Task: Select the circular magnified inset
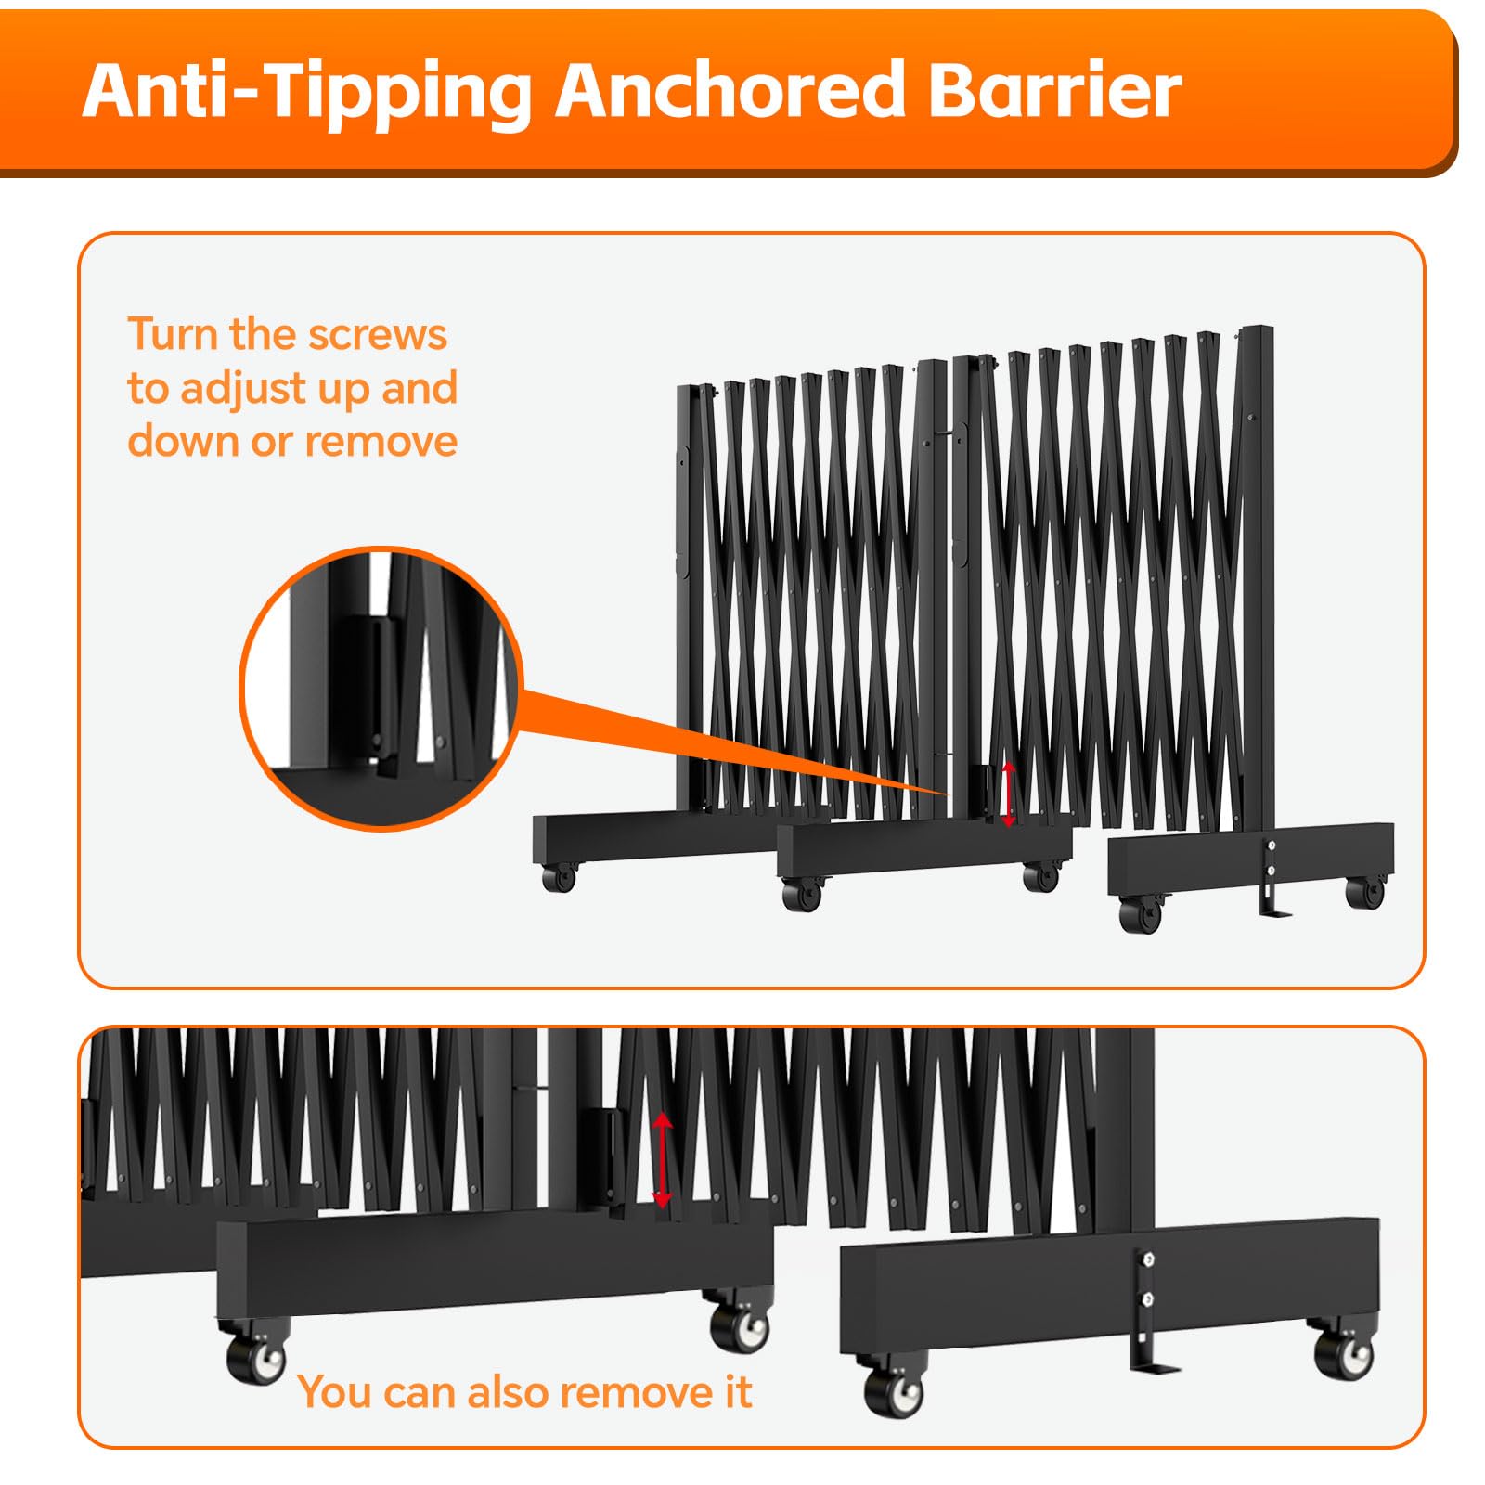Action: (x=381, y=688)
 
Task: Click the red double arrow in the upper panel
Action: (x=1009, y=795)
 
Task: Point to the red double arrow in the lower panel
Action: (x=662, y=1160)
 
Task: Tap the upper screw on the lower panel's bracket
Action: (x=1149, y=1259)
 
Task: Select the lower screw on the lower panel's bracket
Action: (x=1148, y=1300)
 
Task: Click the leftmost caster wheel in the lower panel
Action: (x=256, y=1358)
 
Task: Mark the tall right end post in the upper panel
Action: (x=1258, y=575)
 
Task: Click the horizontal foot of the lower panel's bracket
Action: (x=1156, y=1367)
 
